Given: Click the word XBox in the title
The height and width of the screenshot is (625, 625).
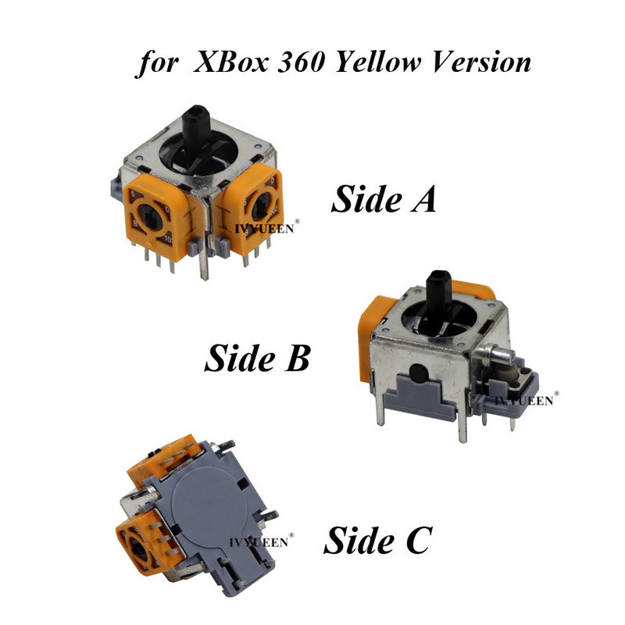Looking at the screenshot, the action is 230,62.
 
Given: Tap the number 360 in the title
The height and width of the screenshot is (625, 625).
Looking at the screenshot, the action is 300,62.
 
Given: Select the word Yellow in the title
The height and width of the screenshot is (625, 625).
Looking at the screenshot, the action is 377,62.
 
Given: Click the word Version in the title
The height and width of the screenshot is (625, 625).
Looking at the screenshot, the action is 481,62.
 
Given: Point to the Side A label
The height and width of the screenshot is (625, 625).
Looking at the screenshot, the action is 384,198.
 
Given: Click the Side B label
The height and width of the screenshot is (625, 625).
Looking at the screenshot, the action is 257,358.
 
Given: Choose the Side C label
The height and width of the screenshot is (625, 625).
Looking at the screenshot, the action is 377,540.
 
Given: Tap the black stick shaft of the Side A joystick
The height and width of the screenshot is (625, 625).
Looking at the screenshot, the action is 196,126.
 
